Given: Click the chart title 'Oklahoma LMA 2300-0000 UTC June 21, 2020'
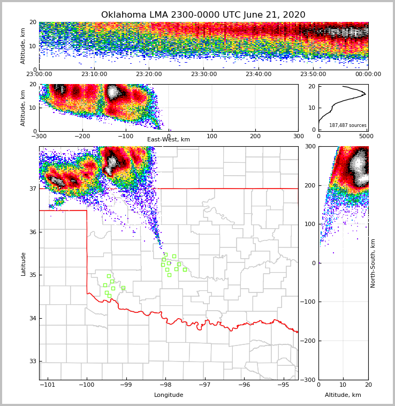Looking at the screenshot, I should point(203,15).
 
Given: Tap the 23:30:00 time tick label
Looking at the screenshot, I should point(203,74).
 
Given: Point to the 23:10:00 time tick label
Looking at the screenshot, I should point(94,74).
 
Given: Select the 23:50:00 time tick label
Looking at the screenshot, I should point(313,74).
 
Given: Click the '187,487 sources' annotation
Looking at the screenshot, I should point(347,125).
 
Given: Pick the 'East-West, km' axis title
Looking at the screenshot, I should point(169,140).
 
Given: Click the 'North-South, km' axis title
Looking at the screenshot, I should point(373,263).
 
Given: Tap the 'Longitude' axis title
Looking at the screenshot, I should point(169,395).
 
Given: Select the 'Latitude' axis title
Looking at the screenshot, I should point(23,264).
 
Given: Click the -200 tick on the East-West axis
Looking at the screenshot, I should point(82,136).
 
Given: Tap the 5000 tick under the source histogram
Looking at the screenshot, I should point(366,136).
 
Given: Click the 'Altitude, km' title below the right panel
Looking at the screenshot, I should point(343,395).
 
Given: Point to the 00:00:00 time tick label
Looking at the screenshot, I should point(368,74).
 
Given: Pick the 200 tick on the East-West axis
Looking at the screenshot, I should point(255,136).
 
